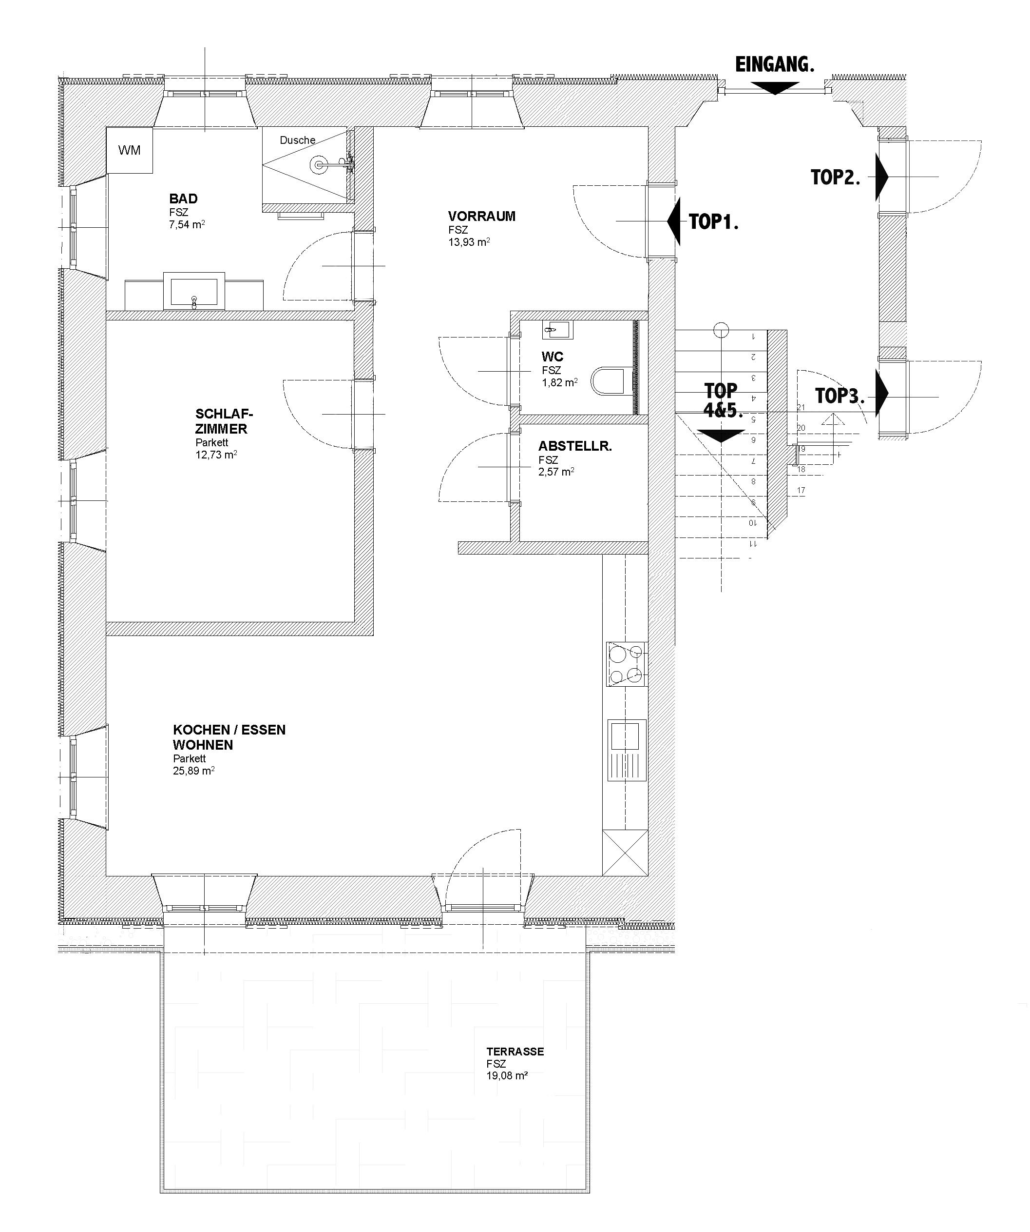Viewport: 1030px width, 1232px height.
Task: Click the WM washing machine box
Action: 130,150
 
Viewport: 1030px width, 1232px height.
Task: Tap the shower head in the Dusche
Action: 320,165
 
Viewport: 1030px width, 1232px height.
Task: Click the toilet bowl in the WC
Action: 612,380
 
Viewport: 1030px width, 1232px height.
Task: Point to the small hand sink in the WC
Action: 558,330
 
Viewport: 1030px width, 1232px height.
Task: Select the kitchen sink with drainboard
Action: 627,750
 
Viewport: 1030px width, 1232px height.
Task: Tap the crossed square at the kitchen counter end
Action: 625,853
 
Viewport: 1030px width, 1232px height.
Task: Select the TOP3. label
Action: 840,396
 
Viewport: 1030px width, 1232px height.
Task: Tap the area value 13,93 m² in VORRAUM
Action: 469,242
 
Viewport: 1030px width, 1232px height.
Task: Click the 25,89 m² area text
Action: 193,771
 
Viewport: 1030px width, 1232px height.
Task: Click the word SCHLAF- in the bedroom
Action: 224,414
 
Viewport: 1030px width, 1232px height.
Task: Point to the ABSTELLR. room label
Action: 575,446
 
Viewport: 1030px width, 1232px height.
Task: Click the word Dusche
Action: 297,140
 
